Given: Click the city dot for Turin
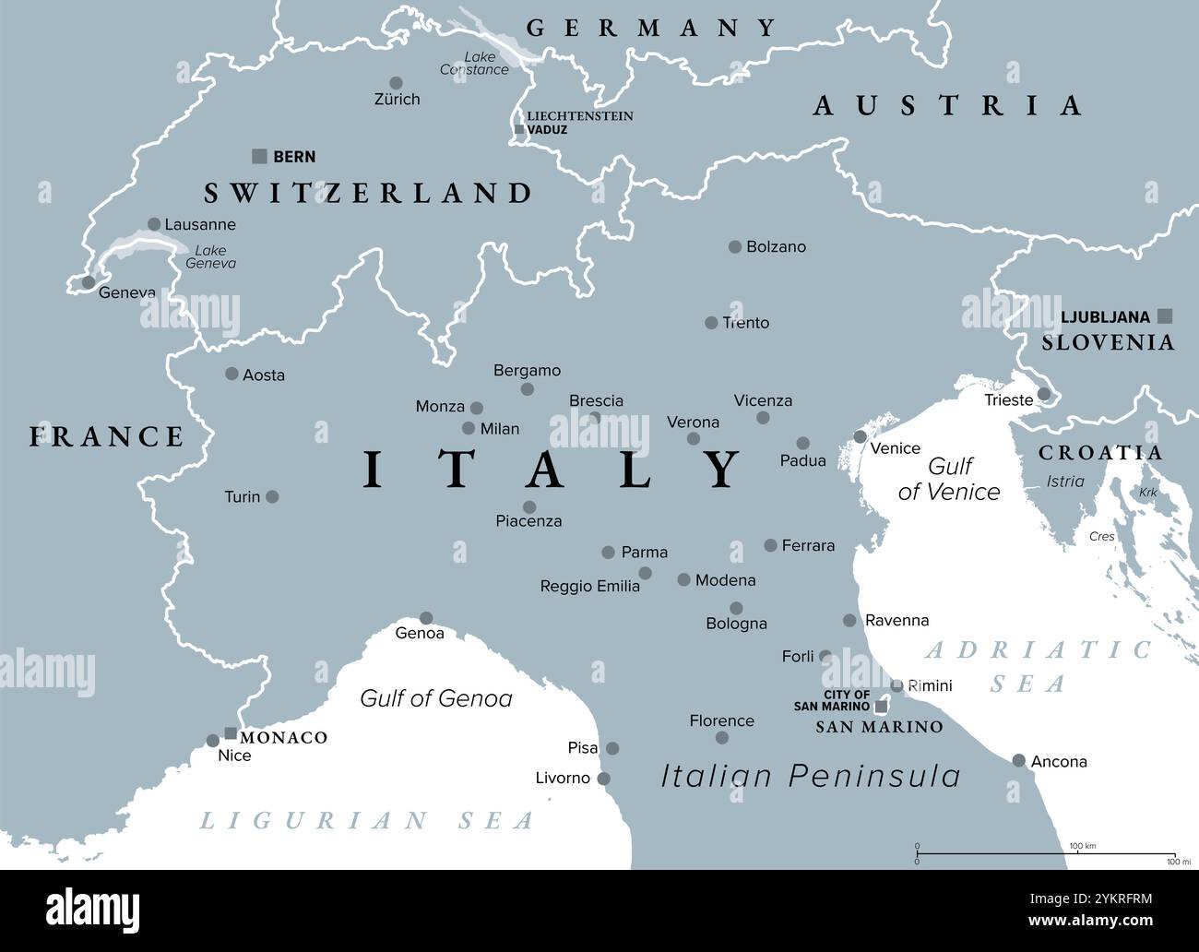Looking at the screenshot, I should point(272,496).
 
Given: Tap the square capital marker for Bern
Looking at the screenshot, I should point(260,156).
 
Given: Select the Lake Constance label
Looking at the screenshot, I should point(475,64).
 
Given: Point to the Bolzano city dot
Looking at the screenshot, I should point(735,246).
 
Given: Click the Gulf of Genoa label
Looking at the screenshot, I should point(435,698).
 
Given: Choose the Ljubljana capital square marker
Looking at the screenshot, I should point(1165,315).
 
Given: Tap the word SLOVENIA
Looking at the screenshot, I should point(1108,342).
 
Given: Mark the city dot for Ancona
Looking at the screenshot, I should point(1018,760).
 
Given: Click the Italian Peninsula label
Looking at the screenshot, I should point(811,776).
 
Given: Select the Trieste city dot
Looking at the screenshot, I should point(1043,394).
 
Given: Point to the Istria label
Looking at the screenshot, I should point(1065,481).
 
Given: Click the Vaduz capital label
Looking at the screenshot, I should point(547,130).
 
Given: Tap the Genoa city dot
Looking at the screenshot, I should point(426,618).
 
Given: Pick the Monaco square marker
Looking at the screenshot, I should point(231,733).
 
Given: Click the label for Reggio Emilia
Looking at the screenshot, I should point(589,587).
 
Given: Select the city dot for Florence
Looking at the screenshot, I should point(722,737).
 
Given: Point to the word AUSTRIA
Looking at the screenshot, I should point(947,105).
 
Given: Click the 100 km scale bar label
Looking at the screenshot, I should point(1082,846).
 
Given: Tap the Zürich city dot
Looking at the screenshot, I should point(396,83).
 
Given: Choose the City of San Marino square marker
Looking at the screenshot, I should point(881,707).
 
